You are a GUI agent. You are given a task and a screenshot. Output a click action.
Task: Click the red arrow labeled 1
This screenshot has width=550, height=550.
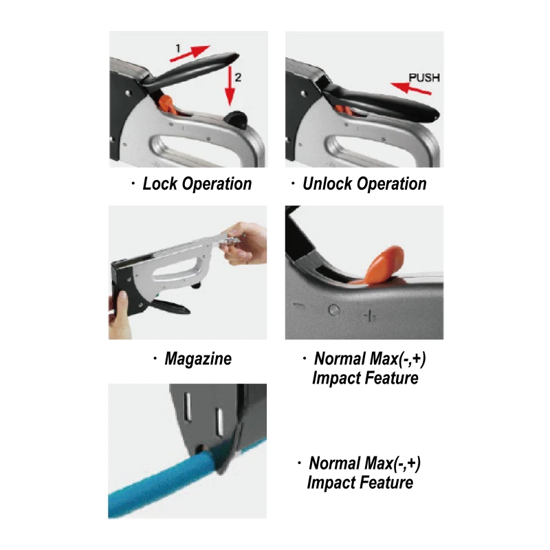point(190,54)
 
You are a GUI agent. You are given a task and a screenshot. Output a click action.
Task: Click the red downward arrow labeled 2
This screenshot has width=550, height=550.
point(230,85)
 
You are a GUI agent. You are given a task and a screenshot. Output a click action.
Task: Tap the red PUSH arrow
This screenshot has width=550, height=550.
point(410,89)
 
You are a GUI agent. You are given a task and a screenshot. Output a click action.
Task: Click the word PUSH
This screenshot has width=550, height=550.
point(424,78)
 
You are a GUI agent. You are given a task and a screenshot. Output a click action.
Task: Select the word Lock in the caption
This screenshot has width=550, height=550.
point(160,184)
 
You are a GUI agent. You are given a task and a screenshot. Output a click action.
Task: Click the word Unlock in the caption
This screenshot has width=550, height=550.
point(327,184)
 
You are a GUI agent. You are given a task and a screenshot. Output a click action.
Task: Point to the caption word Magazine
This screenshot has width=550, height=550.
point(198,359)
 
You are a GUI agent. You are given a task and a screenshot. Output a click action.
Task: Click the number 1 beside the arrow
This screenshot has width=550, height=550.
point(178,48)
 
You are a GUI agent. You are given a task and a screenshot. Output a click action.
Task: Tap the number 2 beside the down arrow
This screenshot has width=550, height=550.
point(238,77)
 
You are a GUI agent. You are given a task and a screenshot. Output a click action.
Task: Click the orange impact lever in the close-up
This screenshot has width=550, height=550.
point(382,265)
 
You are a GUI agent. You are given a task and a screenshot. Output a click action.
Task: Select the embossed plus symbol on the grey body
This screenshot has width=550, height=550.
point(370,316)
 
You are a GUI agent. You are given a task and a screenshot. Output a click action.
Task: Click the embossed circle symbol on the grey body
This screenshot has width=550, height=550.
point(334,310)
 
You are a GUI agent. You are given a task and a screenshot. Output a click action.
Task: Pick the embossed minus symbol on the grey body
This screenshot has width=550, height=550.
point(299,306)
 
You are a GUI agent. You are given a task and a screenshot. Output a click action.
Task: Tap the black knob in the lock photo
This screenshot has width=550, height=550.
point(236,118)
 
